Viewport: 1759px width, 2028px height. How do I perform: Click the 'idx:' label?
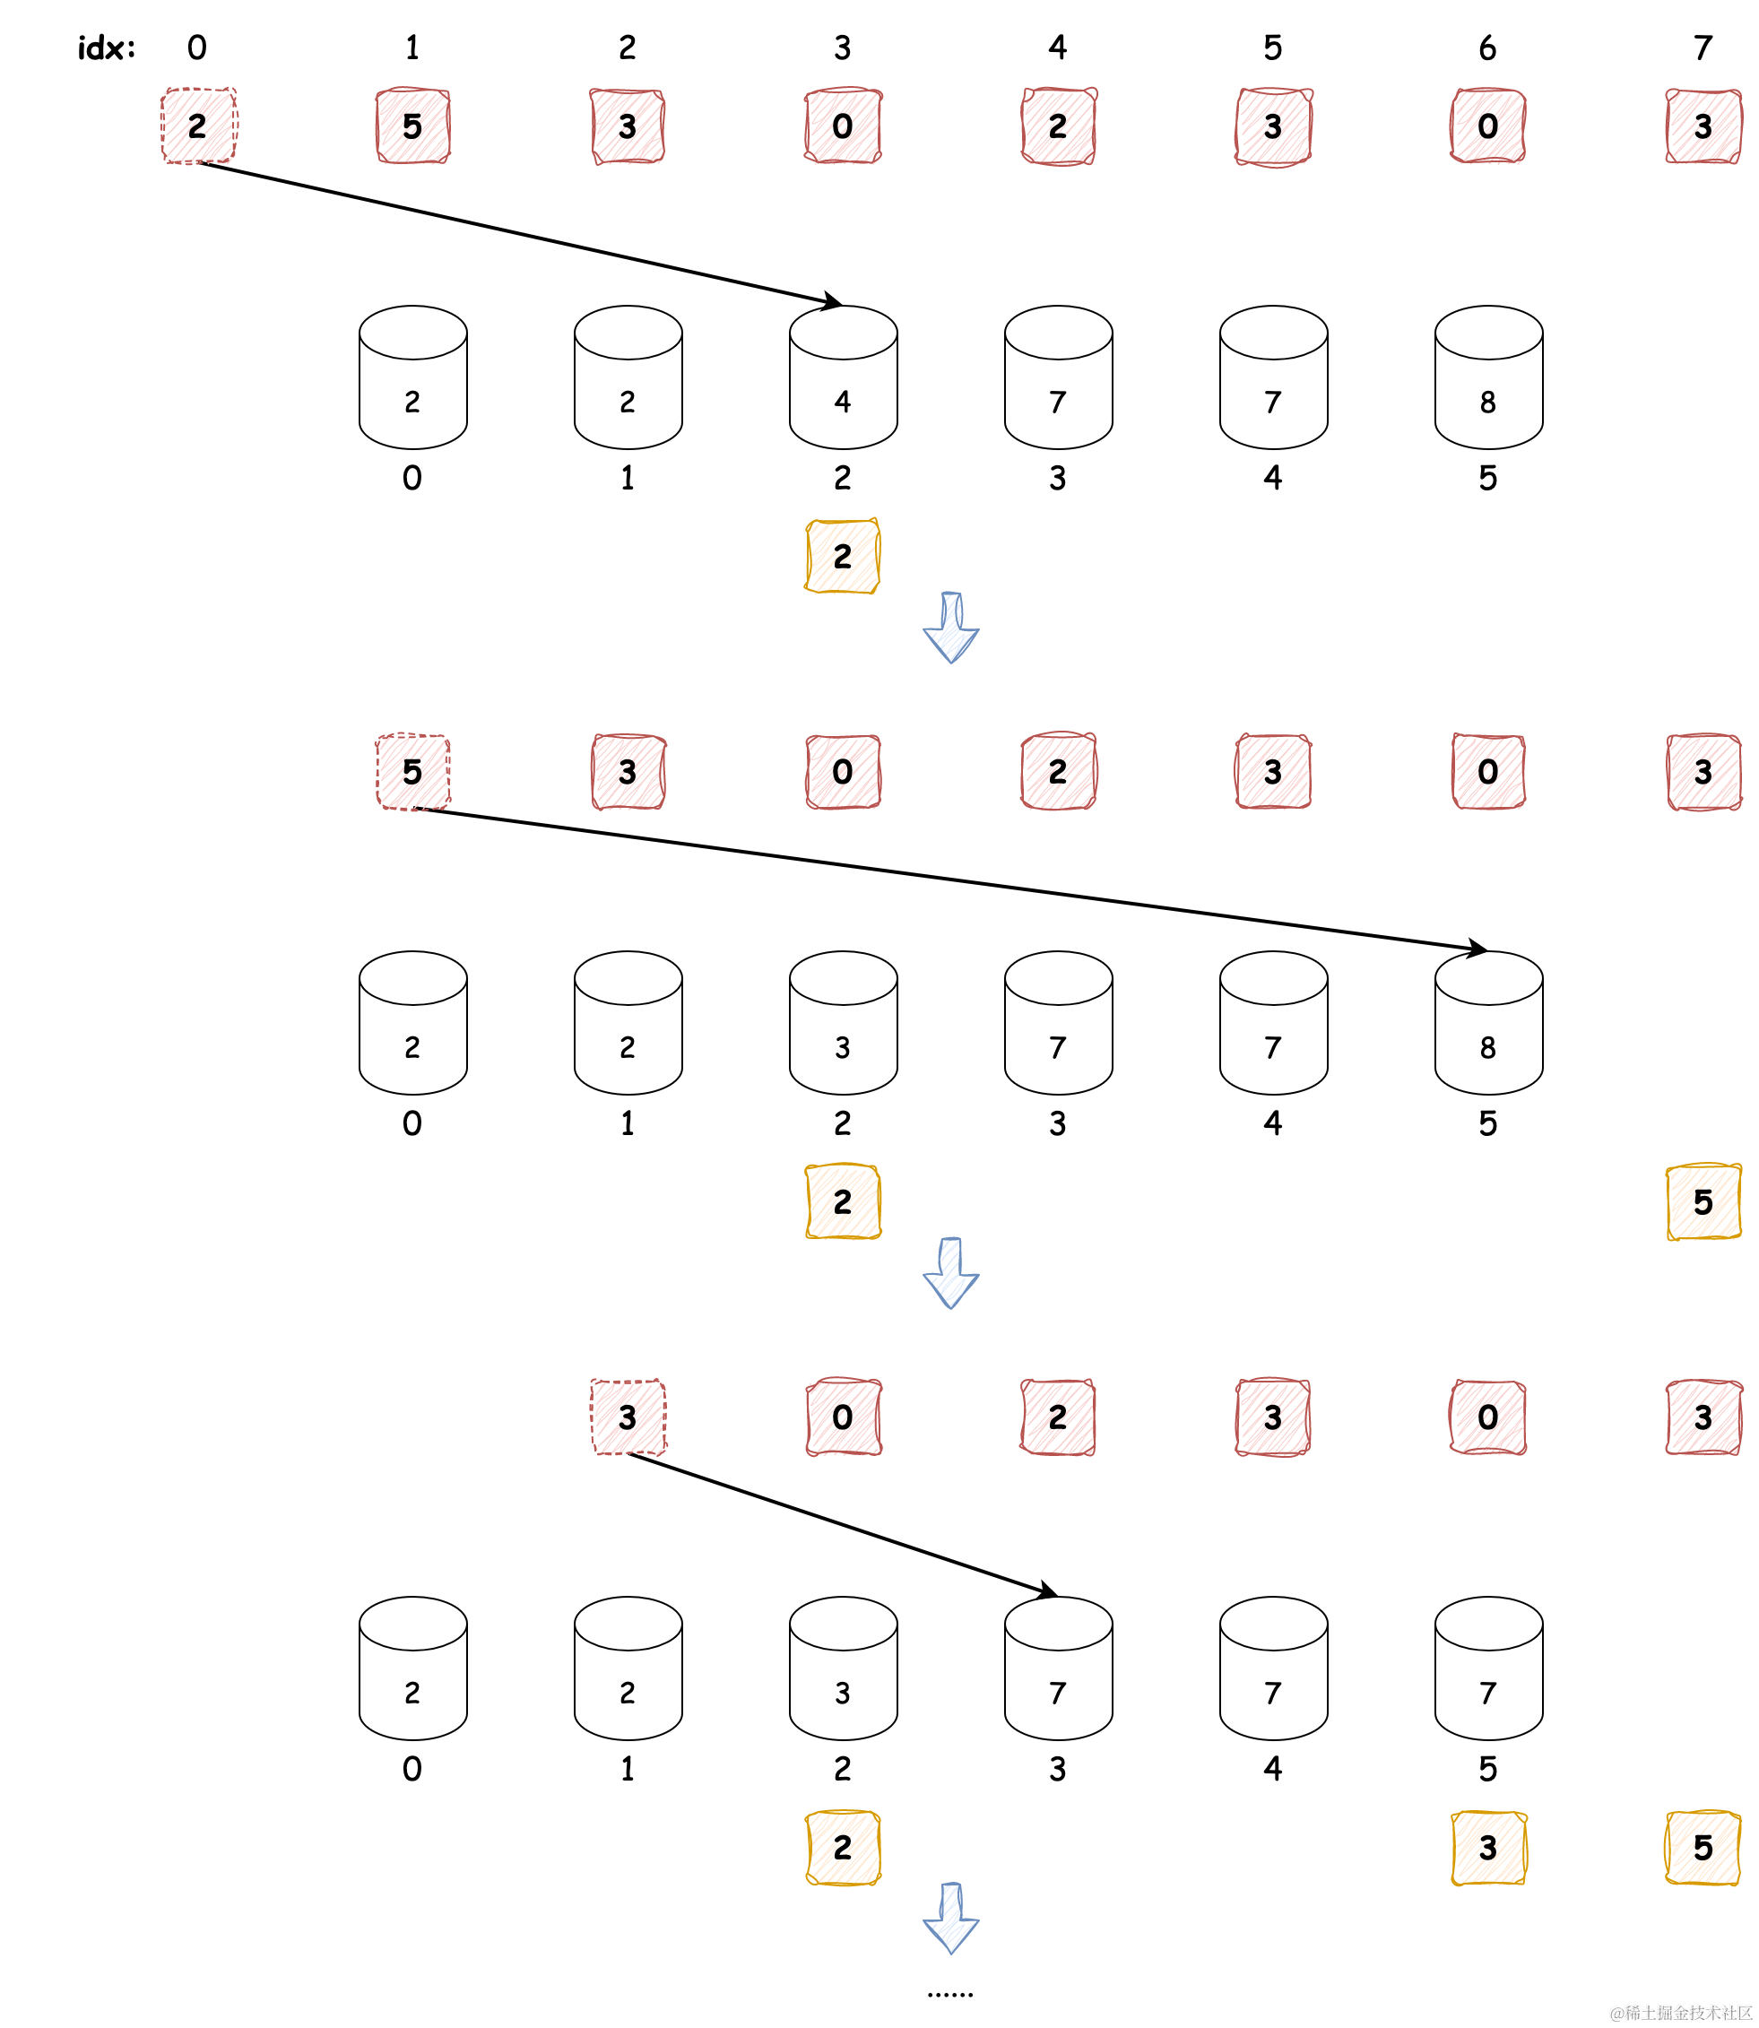coord(106,48)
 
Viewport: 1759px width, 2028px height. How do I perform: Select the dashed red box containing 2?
coord(198,126)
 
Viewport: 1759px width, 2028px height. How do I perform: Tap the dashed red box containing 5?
coord(413,772)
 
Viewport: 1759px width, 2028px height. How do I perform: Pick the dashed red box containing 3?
coord(628,1417)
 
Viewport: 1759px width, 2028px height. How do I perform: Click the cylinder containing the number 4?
coord(843,378)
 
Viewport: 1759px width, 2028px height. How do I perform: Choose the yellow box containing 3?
coord(1488,1849)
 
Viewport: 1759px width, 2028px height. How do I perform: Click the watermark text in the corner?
coord(1679,2012)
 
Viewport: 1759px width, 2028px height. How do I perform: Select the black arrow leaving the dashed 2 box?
coord(520,232)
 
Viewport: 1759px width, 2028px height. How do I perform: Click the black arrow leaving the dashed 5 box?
coord(950,880)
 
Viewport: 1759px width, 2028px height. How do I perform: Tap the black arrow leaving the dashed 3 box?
coord(842,1523)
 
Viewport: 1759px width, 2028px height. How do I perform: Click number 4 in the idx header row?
coord(1057,48)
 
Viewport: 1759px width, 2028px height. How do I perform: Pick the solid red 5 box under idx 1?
coord(413,126)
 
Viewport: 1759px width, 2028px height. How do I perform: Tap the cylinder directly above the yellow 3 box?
coord(1488,1668)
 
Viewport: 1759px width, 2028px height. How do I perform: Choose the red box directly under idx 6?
coord(1488,126)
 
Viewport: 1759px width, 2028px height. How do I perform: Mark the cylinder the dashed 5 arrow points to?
coord(1488,1023)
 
